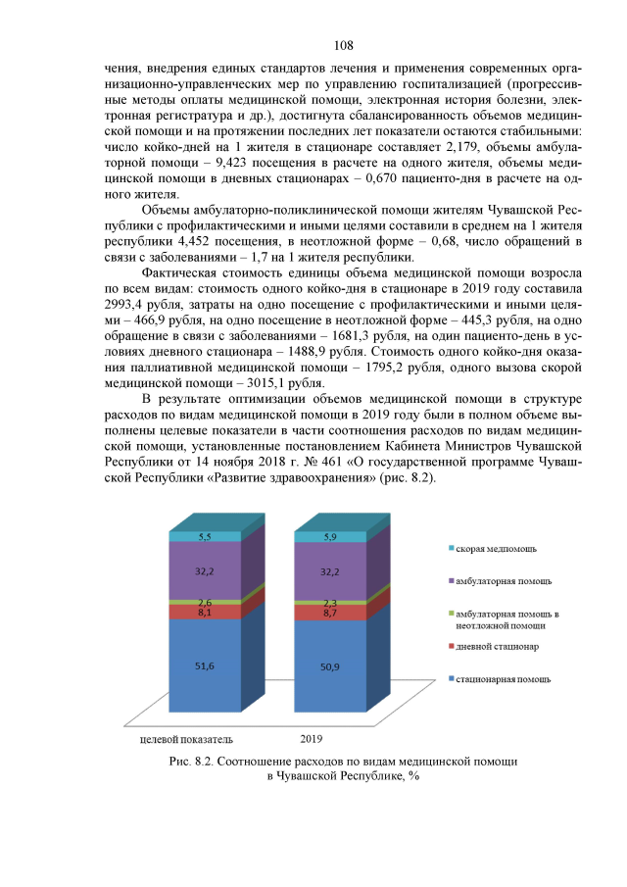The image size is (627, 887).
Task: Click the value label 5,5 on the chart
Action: click(205, 537)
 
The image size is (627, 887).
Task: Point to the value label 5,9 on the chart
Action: click(330, 537)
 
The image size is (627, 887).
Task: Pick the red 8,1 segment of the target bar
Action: click(205, 612)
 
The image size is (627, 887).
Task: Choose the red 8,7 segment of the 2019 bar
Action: click(330, 612)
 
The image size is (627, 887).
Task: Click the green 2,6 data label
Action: click(205, 602)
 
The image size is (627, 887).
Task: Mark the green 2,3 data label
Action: click(330, 602)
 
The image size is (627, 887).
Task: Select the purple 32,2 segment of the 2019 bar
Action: click(330, 569)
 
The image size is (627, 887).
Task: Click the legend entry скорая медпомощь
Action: click(496, 548)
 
